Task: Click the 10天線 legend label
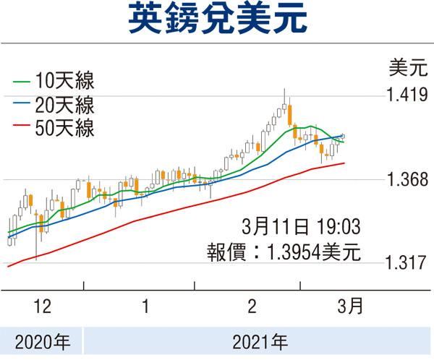pyautogui.click(x=71, y=80)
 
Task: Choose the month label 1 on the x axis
pyautogui.click(x=146, y=307)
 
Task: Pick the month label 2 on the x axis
pyautogui.click(x=252, y=307)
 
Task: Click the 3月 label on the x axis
pyautogui.click(x=351, y=307)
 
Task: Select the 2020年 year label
pyautogui.click(x=41, y=338)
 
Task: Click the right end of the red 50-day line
pyautogui.click(x=344, y=163)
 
